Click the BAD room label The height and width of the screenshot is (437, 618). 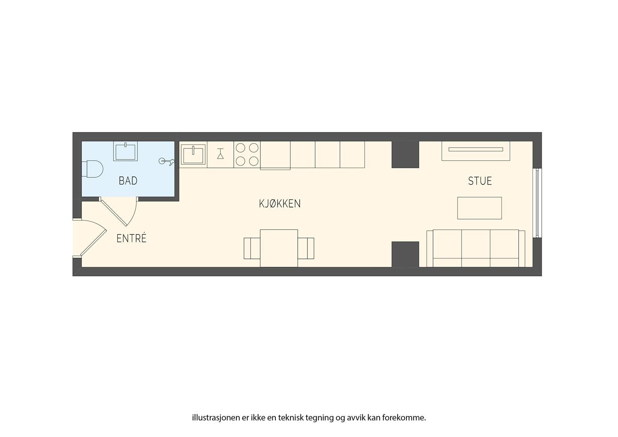click(x=128, y=181)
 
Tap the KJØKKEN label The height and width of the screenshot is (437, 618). click(x=280, y=204)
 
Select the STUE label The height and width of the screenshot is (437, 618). click(x=480, y=181)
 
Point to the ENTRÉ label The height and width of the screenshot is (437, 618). click(x=131, y=238)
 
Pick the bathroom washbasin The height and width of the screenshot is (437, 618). click(x=125, y=151)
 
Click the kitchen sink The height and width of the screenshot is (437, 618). click(x=194, y=155)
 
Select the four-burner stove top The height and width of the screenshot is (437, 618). click(x=247, y=155)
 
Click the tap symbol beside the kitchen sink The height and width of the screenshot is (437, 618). click(x=220, y=154)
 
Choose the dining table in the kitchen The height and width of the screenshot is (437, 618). click(x=278, y=248)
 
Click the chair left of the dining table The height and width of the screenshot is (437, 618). click(x=251, y=248)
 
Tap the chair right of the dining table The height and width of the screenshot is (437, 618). click(x=306, y=248)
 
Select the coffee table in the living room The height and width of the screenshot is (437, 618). click(x=479, y=208)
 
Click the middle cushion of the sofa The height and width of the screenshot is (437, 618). click(x=476, y=248)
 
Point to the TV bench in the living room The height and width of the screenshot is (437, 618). click(x=476, y=151)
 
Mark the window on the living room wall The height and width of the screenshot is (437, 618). click(x=537, y=203)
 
